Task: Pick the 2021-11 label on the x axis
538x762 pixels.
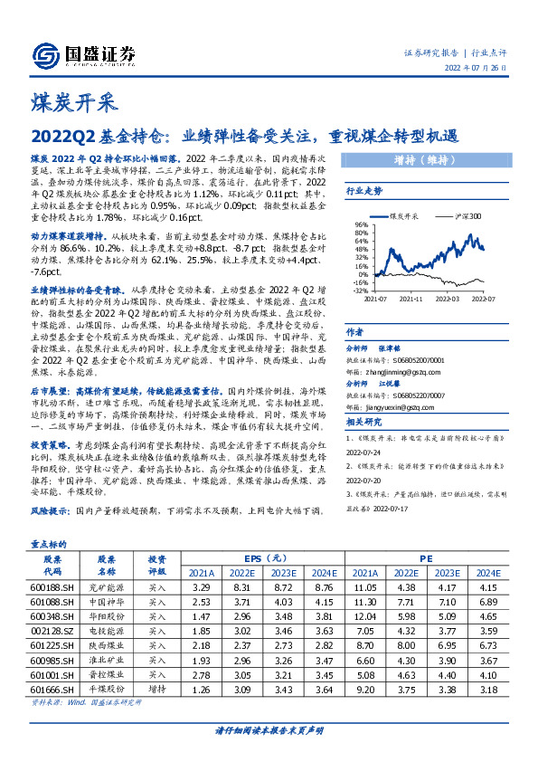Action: point(411,298)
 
